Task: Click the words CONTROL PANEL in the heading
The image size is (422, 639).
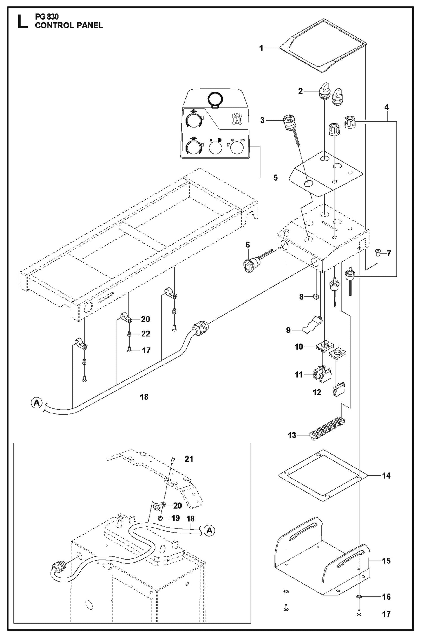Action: click(x=69, y=25)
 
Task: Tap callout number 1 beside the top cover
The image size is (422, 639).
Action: click(x=261, y=48)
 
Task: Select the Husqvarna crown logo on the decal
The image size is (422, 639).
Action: click(x=237, y=120)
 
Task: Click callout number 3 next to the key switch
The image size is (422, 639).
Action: click(x=262, y=120)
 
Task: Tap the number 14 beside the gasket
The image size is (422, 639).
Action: click(x=386, y=475)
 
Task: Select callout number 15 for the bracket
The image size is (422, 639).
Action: click(x=386, y=560)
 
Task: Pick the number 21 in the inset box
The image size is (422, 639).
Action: click(x=189, y=459)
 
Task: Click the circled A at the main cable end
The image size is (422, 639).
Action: click(x=36, y=403)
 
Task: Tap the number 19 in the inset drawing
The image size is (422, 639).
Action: click(x=176, y=518)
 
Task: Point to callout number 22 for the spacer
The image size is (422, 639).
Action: click(x=145, y=334)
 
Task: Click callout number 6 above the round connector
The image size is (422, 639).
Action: click(x=248, y=245)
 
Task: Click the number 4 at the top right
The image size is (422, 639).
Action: click(x=386, y=107)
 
